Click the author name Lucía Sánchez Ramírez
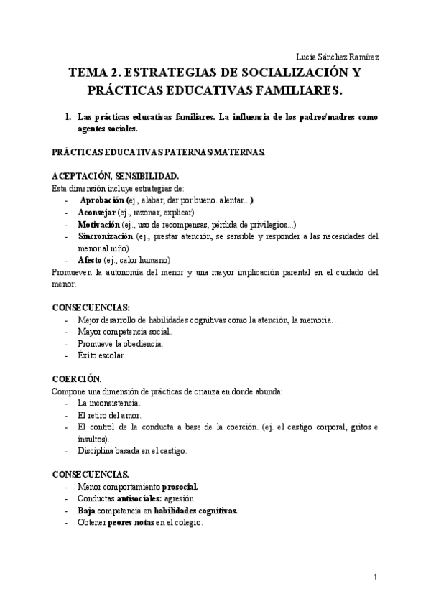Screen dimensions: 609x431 click(x=338, y=57)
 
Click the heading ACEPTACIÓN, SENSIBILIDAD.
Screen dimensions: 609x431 click(x=110, y=176)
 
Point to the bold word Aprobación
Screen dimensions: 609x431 click(x=102, y=200)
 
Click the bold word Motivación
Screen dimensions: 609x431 click(x=99, y=224)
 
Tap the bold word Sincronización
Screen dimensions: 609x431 click(x=105, y=236)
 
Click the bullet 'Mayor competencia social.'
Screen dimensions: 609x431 click(x=124, y=332)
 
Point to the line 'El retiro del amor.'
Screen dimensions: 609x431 click(x=109, y=415)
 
